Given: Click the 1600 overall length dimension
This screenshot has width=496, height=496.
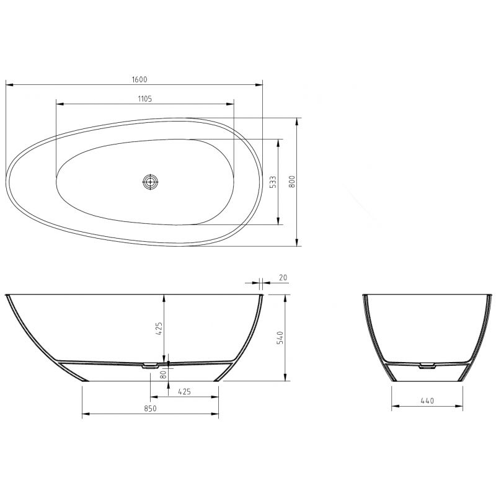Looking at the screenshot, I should [139, 79].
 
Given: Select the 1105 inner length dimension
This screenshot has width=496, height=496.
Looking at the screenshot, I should [144, 98].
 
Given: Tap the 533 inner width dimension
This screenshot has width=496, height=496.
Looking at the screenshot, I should [273, 181].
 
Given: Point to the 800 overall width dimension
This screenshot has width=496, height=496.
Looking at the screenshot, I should [292, 181].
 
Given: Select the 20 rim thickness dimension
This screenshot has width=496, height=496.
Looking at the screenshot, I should [283, 278].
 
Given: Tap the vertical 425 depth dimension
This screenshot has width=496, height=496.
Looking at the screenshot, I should [159, 328].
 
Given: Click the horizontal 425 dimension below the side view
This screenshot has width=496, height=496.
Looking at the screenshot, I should [184, 391].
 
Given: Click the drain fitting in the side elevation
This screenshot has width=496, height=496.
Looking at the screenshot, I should [149, 366].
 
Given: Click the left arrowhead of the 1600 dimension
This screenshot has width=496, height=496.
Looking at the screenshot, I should [8, 84].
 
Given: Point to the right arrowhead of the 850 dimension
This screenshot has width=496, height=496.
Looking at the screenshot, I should [216, 414].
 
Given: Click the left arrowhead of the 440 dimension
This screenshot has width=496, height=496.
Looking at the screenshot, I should [394, 407].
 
